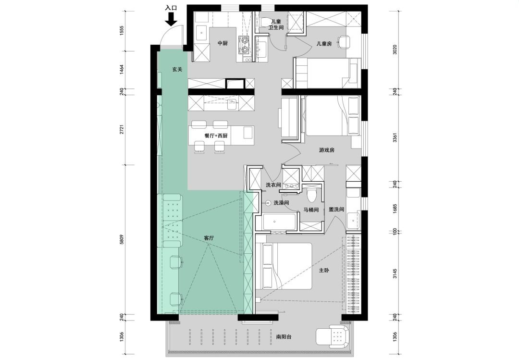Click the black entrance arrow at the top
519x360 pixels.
[x=171, y=19]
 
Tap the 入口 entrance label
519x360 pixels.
[x=171, y=8]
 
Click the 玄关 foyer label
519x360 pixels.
[x=177, y=70]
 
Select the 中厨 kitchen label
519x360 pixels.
[x=223, y=43]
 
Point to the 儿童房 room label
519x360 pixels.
[x=324, y=43]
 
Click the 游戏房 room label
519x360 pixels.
[x=327, y=150]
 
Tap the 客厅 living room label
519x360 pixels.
[x=209, y=238]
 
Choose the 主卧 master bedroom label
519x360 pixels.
[x=324, y=270]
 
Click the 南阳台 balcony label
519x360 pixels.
[x=284, y=337]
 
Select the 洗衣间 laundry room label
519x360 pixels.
[x=273, y=185]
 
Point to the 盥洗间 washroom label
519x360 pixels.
[x=336, y=209]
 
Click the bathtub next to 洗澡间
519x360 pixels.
[x=279, y=222]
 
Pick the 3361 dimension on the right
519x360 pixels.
[x=395, y=137]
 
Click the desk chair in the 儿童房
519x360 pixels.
[x=344, y=42]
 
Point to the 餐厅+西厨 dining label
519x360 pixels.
[x=216, y=136]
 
